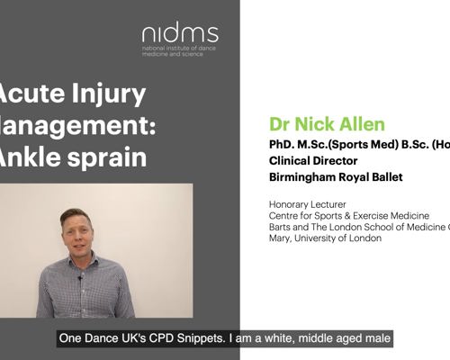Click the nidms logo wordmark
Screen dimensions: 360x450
coord(179,35)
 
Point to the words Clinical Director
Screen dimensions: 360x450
coord(310,160)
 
